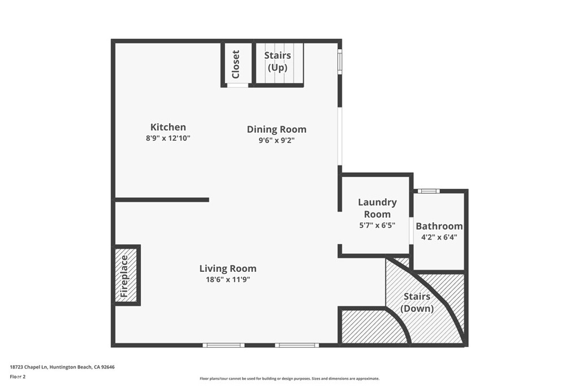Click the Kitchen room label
point(168,127)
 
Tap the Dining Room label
point(276,129)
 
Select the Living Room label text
point(227,268)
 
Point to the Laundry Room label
point(377,208)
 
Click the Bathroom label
point(439,226)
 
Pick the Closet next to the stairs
point(236,64)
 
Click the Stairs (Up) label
point(278,62)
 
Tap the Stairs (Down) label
point(417,302)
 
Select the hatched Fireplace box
point(125,276)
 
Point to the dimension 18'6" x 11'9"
point(227,279)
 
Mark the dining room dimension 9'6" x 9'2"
point(276,141)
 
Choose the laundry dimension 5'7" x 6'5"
point(377,225)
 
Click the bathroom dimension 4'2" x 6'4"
point(439,237)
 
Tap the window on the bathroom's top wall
point(429,191)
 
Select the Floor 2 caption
point(18,376)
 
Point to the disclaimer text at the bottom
point(289,379)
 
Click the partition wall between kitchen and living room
point(162,199)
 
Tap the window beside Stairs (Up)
point(340,62)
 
